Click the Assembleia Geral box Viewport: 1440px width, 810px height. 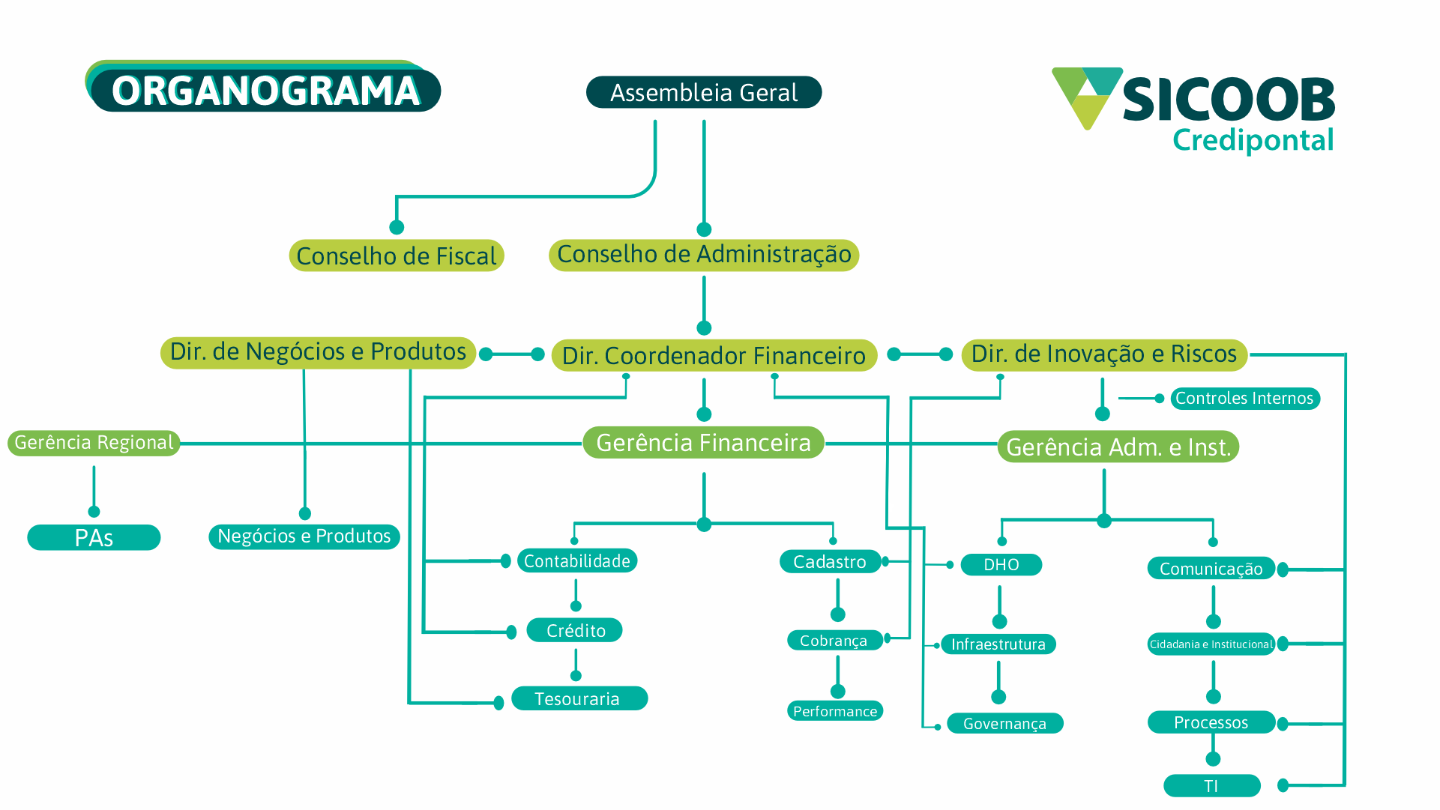pyautogui.click(x=703, y=93)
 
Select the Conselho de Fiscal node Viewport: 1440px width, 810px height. pyautogui.click(x=396, y=256)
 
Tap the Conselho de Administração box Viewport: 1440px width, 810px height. pyautogui.click(x=703, y=255)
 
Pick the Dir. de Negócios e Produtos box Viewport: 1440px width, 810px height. pyautogui.click(x=318, y=352)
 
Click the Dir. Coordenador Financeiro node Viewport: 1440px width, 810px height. pyautogui.click(x=714, y=356)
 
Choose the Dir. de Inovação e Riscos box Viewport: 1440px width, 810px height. pyautogui.click(x=1103, y=354)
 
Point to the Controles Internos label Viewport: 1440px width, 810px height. pyautogui.click(x=1244, y=399)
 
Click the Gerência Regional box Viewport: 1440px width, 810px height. pyautogui.click(x=94, y=443)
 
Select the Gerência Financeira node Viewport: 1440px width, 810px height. pyautogui.click(x=703, y=443)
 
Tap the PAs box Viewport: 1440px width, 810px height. pyautogui.click(x=94, y=538)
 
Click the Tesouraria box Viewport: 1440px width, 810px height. pyautogui.click(x=578, y=699)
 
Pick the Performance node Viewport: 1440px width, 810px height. pyautogui.click(x=835, y=711)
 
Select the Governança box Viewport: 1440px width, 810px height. pyautogui.click(x=1004, y=724)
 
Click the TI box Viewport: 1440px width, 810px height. pyautogui.click(x=1211, y=786)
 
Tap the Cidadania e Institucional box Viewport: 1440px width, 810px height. pyautogui.click(x=1211, y=644)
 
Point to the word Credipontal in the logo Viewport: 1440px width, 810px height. pyautogui.click(x=1253, y=140)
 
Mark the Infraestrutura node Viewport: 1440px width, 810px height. pyautogui.click(x=998, y=644)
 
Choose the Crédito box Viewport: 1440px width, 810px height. pyautogui.click(x=575, y=631)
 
